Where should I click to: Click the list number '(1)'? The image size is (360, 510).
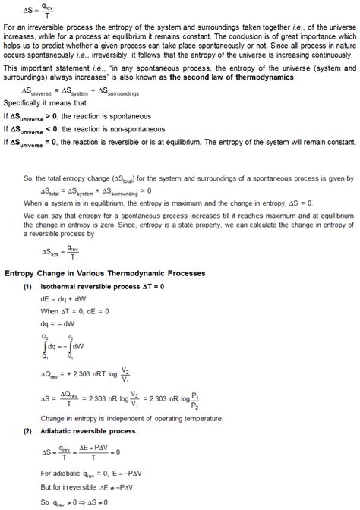(27, 288)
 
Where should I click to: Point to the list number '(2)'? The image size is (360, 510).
(27, 430)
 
